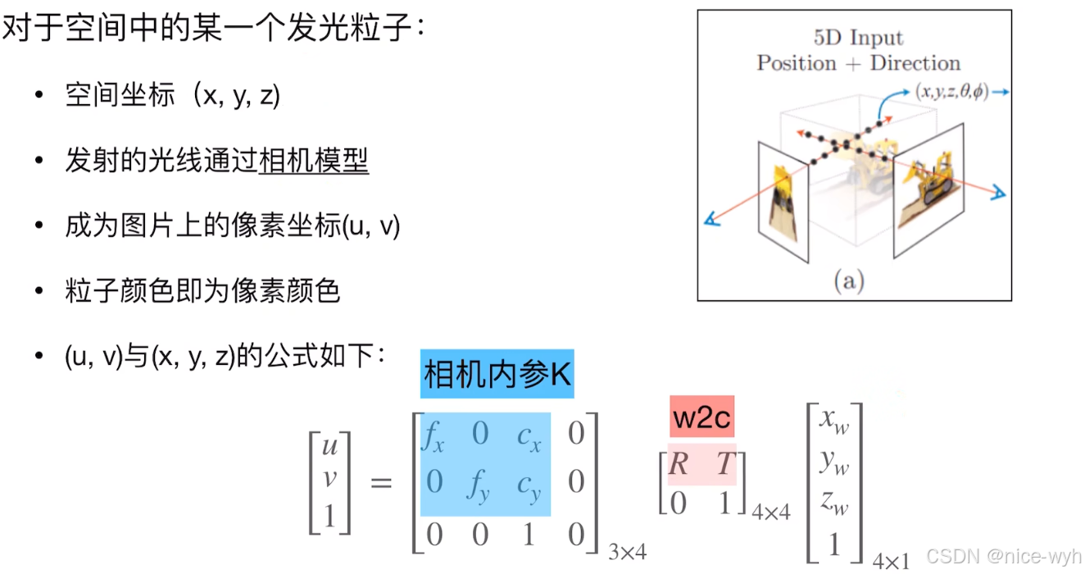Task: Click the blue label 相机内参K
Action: coord(497,375)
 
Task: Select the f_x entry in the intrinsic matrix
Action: coord(433,435)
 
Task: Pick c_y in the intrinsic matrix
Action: coord(529,484)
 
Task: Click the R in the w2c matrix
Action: coord(678,465)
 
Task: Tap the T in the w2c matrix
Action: coord(725,465)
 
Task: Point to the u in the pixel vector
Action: coord(329,446)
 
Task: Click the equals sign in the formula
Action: coord(382,481)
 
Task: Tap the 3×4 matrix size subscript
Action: coord(628,552)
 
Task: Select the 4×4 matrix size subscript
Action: coord(771,511)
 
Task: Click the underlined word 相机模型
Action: coord(314,161)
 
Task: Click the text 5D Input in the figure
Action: coord(858,38)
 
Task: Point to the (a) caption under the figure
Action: coord(848,281)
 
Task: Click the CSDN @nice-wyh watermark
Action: coord(1004,556)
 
